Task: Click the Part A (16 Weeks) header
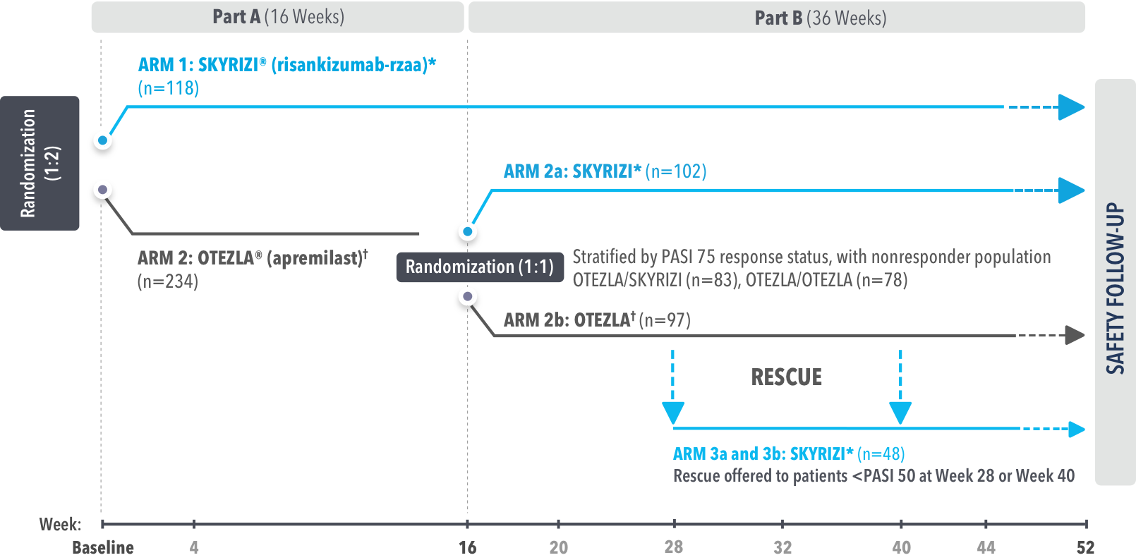(x=278, y=17)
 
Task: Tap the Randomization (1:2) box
(x=40, y=163)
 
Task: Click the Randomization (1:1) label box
(x=480, y=267)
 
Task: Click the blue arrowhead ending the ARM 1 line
(x=1072, y=107)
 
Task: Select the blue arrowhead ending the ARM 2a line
(x=1072, y=190)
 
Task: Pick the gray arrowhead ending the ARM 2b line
(x=1075, y=335)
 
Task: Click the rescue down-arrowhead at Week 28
(x=673, y=412)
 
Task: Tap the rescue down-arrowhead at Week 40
(x=900, y=412)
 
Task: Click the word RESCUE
(x=787, y=377)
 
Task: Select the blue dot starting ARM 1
(x=103, y=140)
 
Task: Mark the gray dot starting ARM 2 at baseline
(x=103, y=190)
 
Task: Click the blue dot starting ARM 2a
(x=467, y=231)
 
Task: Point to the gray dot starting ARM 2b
(x=467, y=296)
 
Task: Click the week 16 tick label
(x=467, y=547)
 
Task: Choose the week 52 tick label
(x=1085, y=547)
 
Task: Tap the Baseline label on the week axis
(x=103, y=547)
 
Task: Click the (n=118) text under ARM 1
(x=169, y=88)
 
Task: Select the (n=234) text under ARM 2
(x=168, y=281)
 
